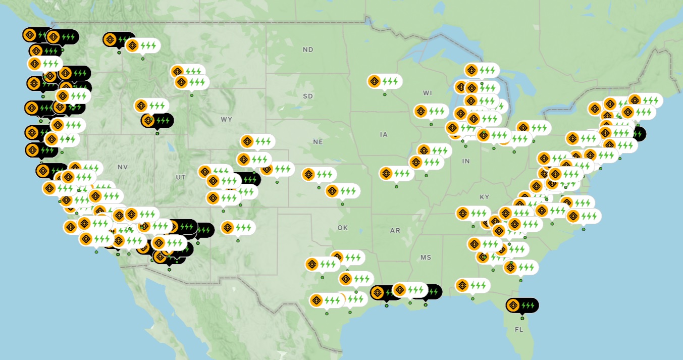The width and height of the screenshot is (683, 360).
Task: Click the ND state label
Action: click(308, 49)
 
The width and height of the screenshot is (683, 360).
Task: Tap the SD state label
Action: click(308, 96)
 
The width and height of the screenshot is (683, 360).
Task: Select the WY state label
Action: click(226, 119)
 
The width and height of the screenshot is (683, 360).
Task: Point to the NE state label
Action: click(318, 142)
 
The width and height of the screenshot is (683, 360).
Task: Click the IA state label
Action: click(384, 134)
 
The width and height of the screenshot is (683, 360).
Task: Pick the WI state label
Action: click(428, 93)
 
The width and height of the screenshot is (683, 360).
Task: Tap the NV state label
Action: click(123, 167)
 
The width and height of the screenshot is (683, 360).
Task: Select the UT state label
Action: click(181, 177)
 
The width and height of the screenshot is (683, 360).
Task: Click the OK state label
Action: click(343, 228)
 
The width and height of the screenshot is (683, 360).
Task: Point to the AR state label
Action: click(395, 230)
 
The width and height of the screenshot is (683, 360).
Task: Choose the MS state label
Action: click(426, 258)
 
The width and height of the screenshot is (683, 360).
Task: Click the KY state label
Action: click(485, 197)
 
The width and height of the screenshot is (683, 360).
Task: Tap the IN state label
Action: click(465, 161)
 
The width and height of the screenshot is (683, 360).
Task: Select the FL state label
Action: click(519, 329)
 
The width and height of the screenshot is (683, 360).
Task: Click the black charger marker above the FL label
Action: click(522, 305)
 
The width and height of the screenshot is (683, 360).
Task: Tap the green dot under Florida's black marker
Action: click(522, 318)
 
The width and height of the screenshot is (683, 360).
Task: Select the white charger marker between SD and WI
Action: click(385, 81)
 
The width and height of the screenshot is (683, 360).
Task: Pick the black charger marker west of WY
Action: click(157, 121)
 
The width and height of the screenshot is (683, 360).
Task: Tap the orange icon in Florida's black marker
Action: click(513, 305)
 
